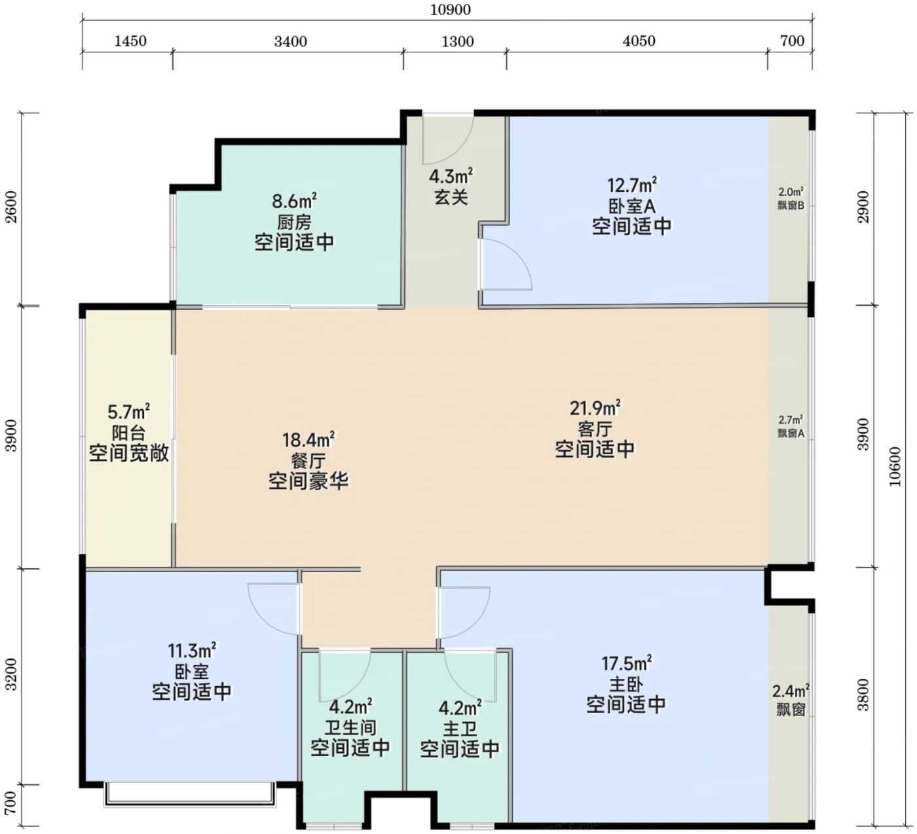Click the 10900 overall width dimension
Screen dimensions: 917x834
450,10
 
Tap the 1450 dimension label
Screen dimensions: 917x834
130,41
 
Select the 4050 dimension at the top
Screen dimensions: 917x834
639,41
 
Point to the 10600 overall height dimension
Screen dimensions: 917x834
895,467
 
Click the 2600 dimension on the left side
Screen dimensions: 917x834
11,207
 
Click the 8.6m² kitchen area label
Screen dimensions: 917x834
295,200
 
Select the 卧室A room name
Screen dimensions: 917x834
632,206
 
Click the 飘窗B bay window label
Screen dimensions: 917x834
791,205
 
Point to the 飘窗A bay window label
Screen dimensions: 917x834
791,433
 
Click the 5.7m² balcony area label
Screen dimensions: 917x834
129,412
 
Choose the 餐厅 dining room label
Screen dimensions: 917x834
308,461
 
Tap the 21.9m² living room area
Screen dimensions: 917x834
595,408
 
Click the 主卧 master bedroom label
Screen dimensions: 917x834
626,684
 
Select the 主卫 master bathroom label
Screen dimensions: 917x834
460,729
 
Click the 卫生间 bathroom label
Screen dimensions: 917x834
350,727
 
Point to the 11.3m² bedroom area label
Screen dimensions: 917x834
192,650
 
